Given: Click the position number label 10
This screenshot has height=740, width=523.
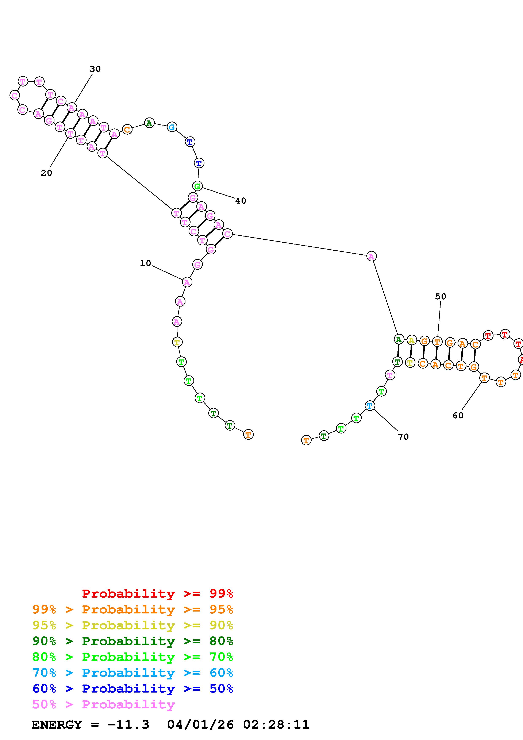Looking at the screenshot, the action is (145, 263).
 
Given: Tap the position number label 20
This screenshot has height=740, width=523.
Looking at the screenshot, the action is (46, 173).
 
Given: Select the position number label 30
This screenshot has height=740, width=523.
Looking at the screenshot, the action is (95, 69).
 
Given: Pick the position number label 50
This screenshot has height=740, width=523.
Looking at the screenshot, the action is (441, 297).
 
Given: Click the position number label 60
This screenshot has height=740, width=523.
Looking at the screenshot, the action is (458, 415).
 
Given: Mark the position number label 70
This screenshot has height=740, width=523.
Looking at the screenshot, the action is (403, 437).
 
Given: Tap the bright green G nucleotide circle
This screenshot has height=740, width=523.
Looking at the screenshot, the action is (197, 186).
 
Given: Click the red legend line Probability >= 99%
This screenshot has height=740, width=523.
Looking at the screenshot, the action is (158, 594).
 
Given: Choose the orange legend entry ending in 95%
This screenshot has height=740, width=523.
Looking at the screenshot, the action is (132, 609).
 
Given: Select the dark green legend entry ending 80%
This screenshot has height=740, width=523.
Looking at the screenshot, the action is (132, 641).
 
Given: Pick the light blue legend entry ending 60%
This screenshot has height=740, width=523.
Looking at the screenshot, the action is (132, 673).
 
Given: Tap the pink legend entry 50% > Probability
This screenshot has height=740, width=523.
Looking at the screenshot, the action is (103, 704).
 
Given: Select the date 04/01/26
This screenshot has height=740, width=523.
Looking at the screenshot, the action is (200, 725).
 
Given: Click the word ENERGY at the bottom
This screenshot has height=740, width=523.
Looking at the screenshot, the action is (57, 725).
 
